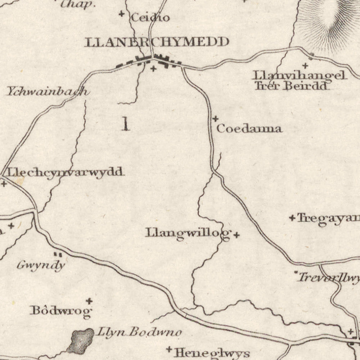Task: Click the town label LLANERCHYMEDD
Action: click(157, 42)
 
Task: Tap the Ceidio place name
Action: click(150, 17)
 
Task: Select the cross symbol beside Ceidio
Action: click(122, 14)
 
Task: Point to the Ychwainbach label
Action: click(47, 92)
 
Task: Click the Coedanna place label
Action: click(249, 129)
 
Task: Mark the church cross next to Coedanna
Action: click(215, 118)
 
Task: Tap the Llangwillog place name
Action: click(188, 233)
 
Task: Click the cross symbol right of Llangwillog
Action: click(237, 235)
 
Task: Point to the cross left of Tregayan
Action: click(292, 217)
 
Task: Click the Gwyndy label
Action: click(41, 266)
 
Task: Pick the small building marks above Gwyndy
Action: click(58, 255)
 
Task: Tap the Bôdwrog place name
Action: click(61, 311)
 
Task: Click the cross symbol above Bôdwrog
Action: click(89, 301)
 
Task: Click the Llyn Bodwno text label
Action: click(139, 332)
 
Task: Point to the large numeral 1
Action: click(125, 124)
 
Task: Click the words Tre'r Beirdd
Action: click(291, 86)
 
